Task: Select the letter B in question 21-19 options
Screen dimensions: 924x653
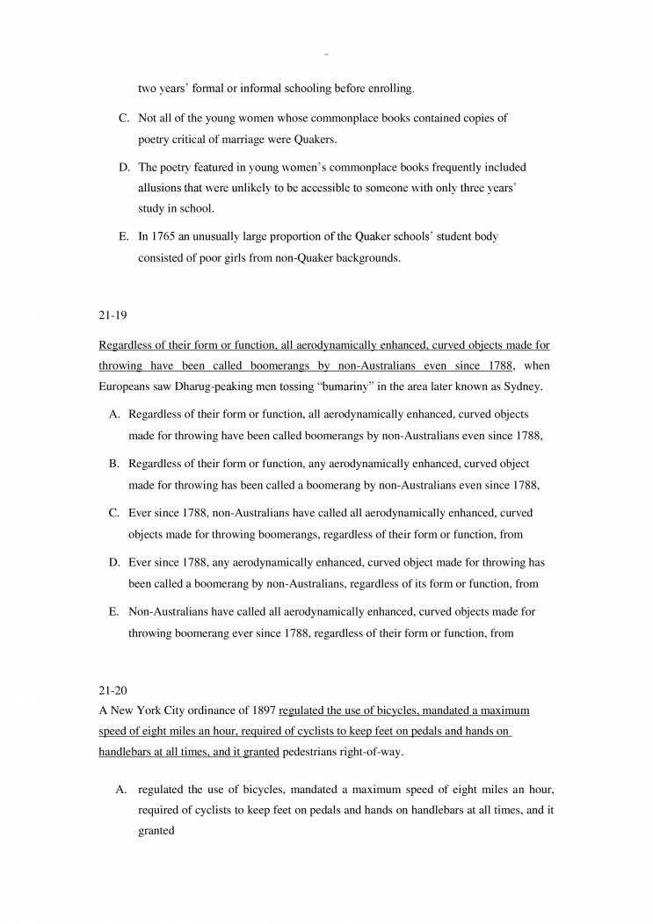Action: coord(113,463)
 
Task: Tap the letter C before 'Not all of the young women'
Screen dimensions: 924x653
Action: coord(124,118)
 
